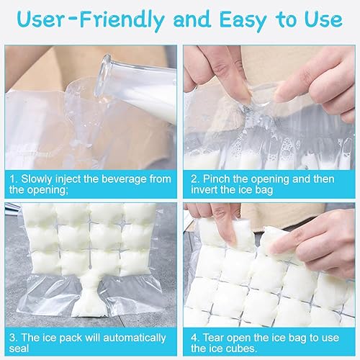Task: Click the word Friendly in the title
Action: coord(122,19)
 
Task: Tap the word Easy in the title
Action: coord(243,20)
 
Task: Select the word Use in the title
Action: coord(323,19)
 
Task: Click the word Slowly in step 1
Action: coord(37,179)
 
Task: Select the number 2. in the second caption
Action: coord(195,179)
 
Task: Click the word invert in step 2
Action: coord(204,190)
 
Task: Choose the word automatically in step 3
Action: coord(135,338)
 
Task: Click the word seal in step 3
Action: coord(19,348)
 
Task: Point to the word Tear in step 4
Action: coord(213,338)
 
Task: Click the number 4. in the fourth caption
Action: coord(195,338)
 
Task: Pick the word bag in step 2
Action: coord(264,190)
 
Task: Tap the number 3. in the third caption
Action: coord(14,338)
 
